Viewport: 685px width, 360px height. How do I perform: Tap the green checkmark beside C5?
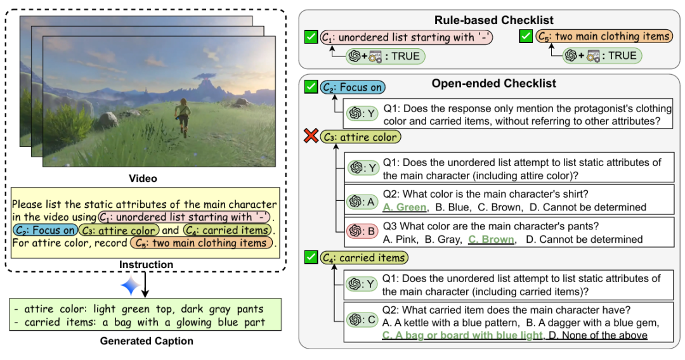526,37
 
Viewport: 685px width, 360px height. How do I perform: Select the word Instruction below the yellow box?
147,264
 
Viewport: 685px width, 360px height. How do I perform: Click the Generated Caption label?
147,341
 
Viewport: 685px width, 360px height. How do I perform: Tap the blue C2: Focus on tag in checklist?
353,88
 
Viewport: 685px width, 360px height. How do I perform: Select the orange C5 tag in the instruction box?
201,243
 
